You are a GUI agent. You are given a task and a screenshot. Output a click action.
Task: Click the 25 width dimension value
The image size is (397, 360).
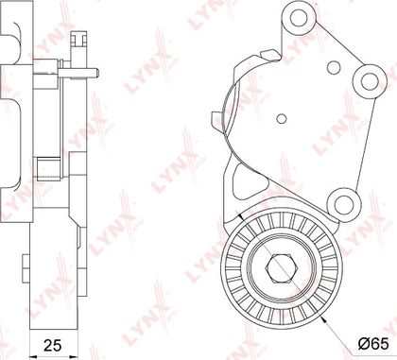[52, 345]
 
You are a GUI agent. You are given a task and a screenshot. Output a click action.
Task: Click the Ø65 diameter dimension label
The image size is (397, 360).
[373, 344]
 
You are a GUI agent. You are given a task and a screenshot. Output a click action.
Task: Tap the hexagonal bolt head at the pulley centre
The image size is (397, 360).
[282, 267]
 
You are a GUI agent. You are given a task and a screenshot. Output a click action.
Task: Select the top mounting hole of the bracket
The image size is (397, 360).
[298, 18]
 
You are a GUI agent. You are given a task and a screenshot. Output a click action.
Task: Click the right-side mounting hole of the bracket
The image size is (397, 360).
[370, 81]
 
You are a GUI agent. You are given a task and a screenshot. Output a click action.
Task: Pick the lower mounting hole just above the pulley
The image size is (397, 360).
[343, 205]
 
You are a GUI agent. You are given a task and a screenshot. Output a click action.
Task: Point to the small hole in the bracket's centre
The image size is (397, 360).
[282, 118]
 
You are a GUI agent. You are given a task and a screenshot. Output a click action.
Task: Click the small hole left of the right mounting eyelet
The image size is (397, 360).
[334, 67]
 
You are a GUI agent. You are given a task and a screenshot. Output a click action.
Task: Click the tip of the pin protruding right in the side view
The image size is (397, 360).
[98, 74]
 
